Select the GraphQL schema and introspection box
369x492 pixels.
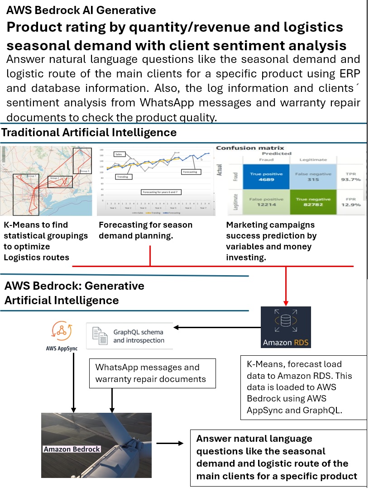129,336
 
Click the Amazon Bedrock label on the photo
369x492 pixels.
72,449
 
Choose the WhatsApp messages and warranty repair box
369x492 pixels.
153,373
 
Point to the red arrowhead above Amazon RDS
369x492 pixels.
286,302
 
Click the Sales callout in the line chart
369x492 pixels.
119,154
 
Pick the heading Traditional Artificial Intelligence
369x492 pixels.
89,133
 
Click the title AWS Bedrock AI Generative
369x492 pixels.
81,10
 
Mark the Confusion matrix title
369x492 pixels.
250,148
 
